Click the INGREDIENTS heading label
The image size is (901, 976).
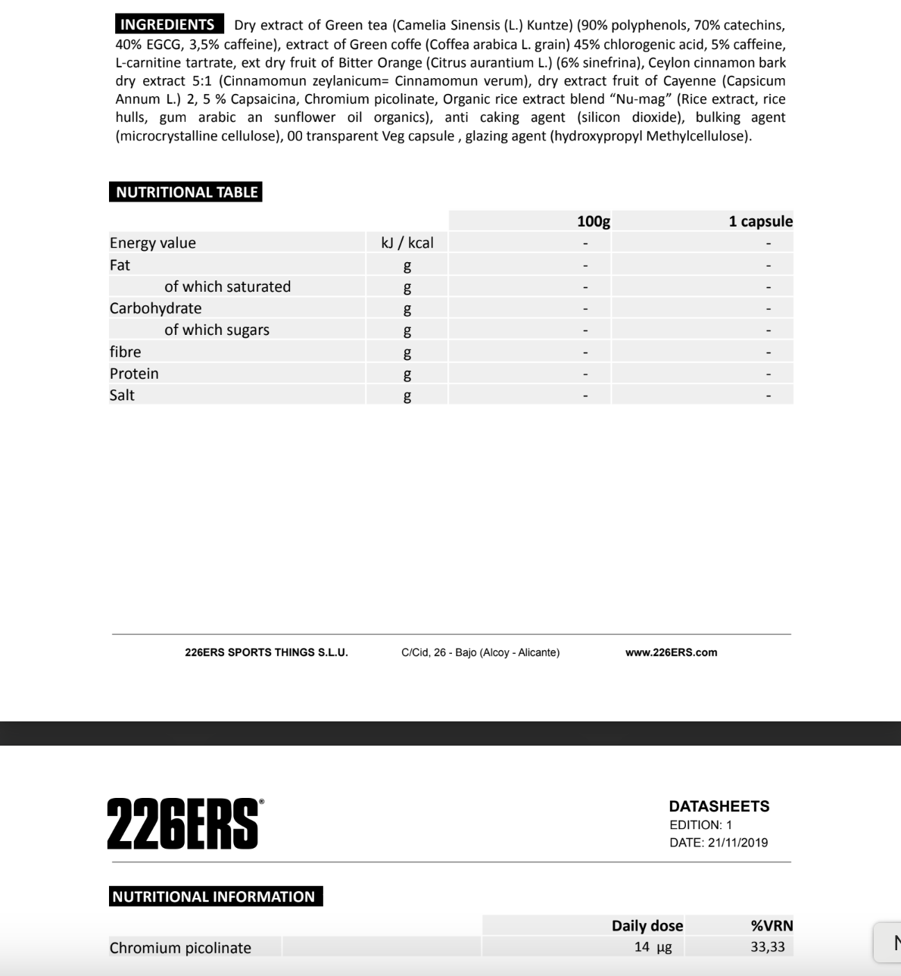click(168, 24)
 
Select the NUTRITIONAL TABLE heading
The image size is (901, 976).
click(186, 192)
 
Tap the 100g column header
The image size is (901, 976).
click(593, 221)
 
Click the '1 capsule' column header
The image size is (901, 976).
click(760, 221)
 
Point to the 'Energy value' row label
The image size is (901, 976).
click(153, 242)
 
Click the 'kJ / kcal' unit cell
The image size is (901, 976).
click(407, 242)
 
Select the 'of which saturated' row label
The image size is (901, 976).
click(227, 286)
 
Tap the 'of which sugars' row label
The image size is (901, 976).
click(217, 330)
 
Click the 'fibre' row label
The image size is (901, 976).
click(125, 352)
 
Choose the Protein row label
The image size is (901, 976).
click(134, 374)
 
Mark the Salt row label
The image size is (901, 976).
click(122, 395)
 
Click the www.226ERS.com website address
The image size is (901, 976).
click(671, 652)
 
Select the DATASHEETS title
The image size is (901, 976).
click(719, 806)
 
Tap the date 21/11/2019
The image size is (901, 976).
click(737, 843)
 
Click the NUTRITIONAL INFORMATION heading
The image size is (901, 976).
click(214, 896)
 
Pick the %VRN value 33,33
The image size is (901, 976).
click(768, 946)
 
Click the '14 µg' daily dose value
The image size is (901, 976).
click(653, 946)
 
